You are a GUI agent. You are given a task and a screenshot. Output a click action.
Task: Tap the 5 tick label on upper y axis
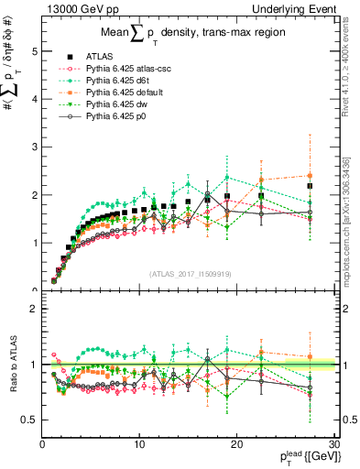pyautogui.click(x=34, y=51)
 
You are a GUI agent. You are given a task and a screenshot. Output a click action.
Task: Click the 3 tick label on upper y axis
pyautogui.click(x=34, y=147)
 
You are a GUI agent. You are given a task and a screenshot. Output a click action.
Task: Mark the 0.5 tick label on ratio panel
pyautogui.click(x=29, y=420)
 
